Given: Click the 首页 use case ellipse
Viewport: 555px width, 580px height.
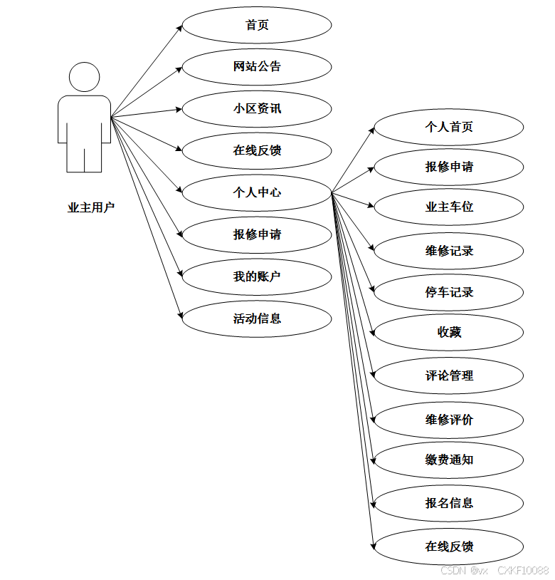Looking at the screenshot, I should (x=257, y=25).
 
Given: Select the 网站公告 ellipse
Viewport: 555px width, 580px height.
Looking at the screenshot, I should (x=257, y=67).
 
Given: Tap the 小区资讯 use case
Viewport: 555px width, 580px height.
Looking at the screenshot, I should (x=257, y=109).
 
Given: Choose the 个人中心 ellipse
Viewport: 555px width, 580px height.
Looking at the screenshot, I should (x=257, y=192).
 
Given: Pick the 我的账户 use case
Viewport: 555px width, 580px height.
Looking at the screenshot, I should (x=257, y=276).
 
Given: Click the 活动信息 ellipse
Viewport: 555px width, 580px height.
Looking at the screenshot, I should (x=257, y=319).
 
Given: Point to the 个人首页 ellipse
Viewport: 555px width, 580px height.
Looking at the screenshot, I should (x=449, y=128).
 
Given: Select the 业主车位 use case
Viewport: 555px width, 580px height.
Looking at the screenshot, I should (x=449, y=207).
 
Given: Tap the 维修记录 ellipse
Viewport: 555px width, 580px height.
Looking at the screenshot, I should (x=449, y=251).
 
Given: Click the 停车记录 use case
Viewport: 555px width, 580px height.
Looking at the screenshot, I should (x=449, y=292).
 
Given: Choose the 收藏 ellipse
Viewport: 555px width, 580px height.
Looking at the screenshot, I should (x=449, y=333).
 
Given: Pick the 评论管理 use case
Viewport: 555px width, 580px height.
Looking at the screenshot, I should (x=449, y=376).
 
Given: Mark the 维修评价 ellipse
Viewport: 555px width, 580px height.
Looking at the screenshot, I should (x=449, y=420).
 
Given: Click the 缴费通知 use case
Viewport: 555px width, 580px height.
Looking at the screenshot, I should (x=449, y=460).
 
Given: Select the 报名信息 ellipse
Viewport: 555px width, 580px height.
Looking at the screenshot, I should (x=449, y=503).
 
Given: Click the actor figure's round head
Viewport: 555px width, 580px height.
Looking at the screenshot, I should (x=84, y=77).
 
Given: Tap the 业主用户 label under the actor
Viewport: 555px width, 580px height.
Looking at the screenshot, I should (x=91, y=208).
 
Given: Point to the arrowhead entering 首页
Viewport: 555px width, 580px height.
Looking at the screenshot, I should (x=179, y=26).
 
